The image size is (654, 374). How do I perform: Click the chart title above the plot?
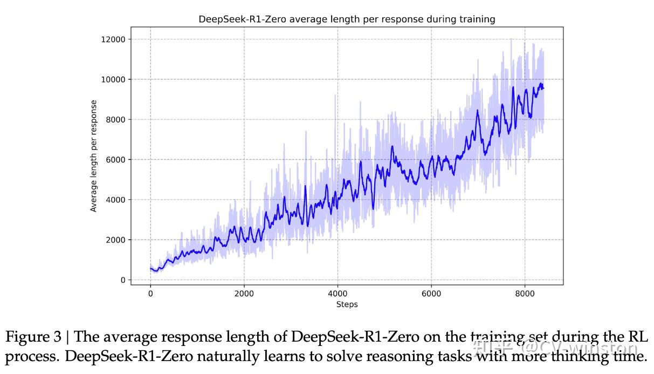[347, 19]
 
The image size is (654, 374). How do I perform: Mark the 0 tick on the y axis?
[122, 280]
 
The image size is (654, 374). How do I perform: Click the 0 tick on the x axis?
[150, 294]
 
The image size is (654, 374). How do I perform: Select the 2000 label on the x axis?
[244, 294]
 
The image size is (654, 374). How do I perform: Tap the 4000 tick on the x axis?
[338, 294]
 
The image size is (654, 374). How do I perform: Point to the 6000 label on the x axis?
[431, 294]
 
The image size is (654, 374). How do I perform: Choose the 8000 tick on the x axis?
[525, 294]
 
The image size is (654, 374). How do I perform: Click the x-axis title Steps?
[347, 304]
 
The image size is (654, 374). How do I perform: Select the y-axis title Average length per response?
[94, 156]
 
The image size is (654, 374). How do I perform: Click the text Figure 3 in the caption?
[36, 337]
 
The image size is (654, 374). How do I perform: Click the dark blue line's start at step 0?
[150, 268]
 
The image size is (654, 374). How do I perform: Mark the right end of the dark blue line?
[543, 88]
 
